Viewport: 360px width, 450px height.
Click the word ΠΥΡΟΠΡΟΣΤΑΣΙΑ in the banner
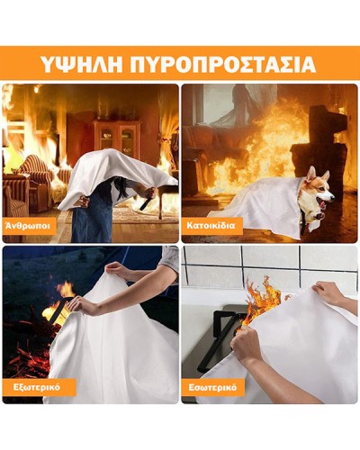pyautogui.click(x=223, y=63)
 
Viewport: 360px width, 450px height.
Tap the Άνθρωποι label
pyautogui.click(x=27, y=226)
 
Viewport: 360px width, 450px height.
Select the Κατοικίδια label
pyautogui.click(x=211, y=225)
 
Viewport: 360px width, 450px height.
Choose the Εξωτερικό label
pyautogui.click(x=37, y=387)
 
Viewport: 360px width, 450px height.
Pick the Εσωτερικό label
pyautogui.click(x=212, y=387)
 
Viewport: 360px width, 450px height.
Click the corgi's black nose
pyautogui.click(x=331, y=197)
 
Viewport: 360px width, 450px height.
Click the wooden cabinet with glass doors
pyautogui.click(x=117, y=137)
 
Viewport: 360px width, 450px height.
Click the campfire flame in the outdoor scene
pyautogui.click(x=60, y=303)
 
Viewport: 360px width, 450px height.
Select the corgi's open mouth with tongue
pyautogui.click(x=323, y=205)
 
